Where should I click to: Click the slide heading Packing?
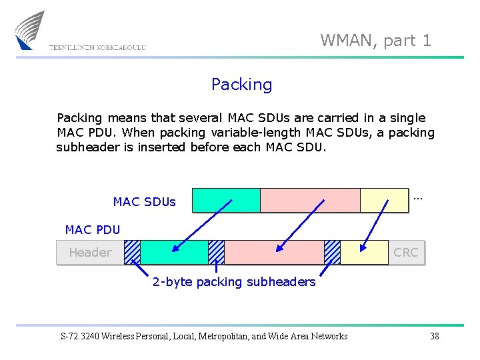241,85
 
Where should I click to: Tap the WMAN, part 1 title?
375,40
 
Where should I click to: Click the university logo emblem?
30,29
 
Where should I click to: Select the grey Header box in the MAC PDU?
90,252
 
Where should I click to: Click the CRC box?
406,252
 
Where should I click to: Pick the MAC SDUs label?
144,201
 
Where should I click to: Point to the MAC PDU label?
93,230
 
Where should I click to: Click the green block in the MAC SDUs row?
226,200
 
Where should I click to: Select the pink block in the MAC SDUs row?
309,200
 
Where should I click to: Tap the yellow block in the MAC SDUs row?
383,200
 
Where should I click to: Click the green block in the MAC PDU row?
174,252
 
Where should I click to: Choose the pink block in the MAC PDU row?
274,252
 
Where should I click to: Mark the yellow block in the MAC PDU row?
364,252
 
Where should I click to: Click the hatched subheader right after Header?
132,252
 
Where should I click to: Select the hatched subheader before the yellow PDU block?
332,252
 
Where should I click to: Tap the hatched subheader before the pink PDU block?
216,252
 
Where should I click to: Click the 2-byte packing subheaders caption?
234,282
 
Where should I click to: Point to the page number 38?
435,336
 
